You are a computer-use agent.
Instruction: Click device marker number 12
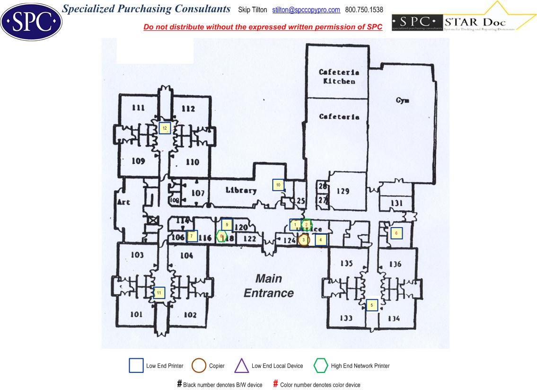(x=165, y=128)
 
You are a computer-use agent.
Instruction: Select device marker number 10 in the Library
(x=278, y=185)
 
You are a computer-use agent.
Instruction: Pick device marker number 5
(x=372, y=305)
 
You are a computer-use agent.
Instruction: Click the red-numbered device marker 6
(x=396, y=233)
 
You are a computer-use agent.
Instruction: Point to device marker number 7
(x=192, y=236)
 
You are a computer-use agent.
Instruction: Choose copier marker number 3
(x=303, y=240)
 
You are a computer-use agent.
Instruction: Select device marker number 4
(x=321, y=240)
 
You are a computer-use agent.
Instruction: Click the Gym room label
(x=402, y=100)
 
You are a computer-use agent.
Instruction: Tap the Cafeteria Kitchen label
(x=339, y=77)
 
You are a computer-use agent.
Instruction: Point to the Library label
(x=241, y=191)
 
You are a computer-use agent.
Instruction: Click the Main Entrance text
(x=269, y=285)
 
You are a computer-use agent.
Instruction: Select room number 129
(x=343, y=191)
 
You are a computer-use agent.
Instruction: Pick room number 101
(x=136, y=315)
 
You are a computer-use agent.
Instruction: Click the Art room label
(x=123, y=203)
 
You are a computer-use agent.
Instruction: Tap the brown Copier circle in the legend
(x=199, y=366)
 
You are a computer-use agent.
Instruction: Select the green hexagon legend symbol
(x=321, y=366)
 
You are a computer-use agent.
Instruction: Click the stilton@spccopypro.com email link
(x=306, y=10)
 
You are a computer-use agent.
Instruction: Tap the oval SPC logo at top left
(x=31, y=21)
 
